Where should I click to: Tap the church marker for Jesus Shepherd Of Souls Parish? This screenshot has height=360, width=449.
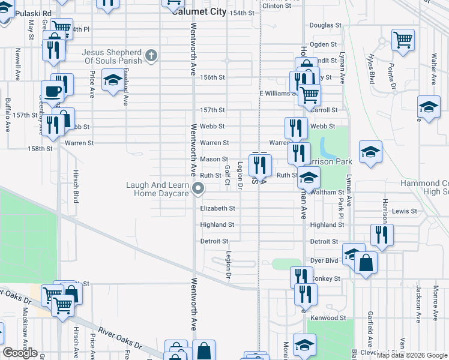pyautogui.click(x=151, y=56)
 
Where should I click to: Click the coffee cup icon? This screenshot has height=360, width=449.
pyautogui.click(x=52, y=92)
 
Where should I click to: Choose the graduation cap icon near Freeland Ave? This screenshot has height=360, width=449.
pyautogui.click(x=112, y=80)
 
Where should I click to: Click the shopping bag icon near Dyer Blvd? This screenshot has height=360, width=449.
pyautogui.click(x=366, y=263)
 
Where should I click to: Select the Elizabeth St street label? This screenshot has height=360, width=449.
pyautogui.click(x=217, y=208)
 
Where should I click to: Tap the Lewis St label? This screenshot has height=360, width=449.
pyautogui.click(x=404, y=211)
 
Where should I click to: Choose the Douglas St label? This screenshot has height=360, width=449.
pyautogui.click(x=325, y=26)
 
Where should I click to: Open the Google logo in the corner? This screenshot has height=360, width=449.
pyautogui.click(x=20, y=353)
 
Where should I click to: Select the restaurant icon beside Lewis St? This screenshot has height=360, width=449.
pyautogui.click(x=382, y=235)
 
